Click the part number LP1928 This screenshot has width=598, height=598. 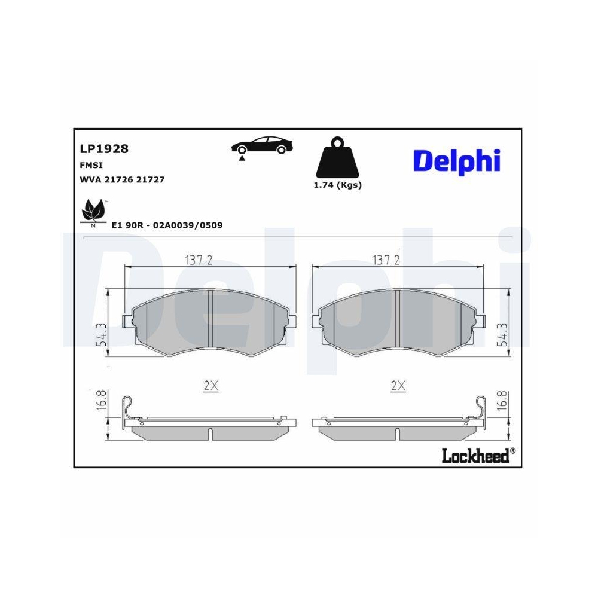(104, 149)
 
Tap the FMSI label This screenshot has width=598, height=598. (91, 165)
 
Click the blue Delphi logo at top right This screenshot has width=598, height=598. (456, 161)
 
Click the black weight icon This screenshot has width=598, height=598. (337, 157)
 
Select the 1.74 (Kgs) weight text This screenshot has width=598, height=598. (337, 185)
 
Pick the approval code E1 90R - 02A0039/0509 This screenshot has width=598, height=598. (167, 225)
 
